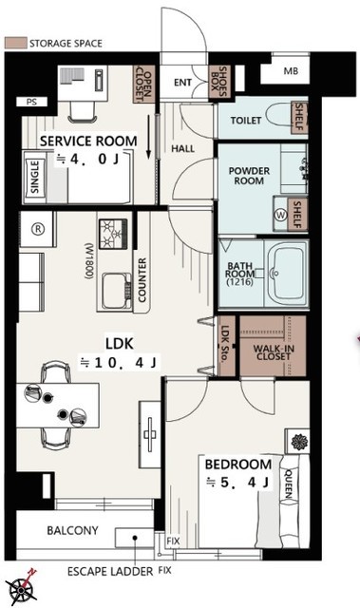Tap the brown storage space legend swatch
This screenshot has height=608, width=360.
(x=16, y=43)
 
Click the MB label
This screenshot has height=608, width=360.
(x=291, y=71)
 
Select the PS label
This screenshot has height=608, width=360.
(x=31, y=103)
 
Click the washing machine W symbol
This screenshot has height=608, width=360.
(x=280, y=216)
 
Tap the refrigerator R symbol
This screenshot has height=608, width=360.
(x=38, y=229)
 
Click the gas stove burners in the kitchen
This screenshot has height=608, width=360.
(x=113, y=234)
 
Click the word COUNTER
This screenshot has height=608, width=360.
(x=142, y=280)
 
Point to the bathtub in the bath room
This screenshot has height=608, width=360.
(x=287, y=274)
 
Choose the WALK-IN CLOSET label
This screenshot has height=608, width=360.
(x=274, y=352)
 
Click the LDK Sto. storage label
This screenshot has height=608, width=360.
(x=225, y=344)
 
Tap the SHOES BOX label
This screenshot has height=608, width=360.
(x=218, y=82)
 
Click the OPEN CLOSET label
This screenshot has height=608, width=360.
(x=143, y=85)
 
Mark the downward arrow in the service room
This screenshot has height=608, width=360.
(x=149, y=137)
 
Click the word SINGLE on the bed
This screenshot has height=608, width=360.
(x=34, y=178)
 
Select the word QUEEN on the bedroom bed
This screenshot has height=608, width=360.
(x=289, y=484)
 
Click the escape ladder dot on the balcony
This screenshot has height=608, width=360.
(x=135, y=538)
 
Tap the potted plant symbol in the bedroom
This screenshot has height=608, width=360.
(x=299, y=442)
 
